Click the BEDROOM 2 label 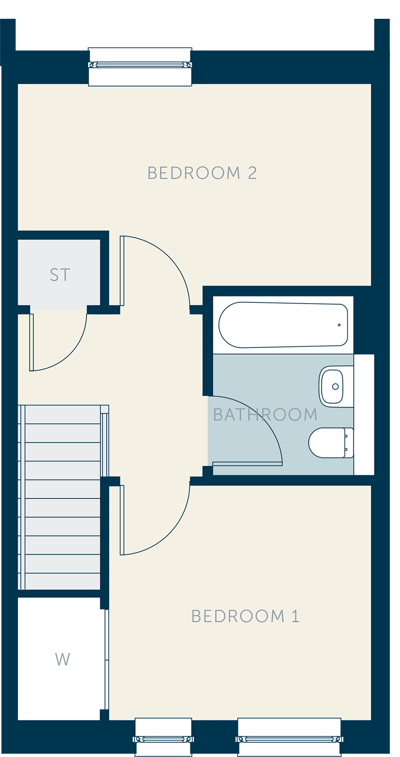(202, 173)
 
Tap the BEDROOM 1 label (245, 616)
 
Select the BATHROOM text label (265, 415)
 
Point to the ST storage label (60, 275)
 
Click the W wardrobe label (62, 659)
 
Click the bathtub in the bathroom (283, 325)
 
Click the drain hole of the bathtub (339, 325)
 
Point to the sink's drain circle (336, 387)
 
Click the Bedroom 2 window (140, 67)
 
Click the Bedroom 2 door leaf (122, 271)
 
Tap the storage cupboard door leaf (32, 342)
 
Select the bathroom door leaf (248, 464)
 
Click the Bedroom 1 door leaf (122, 520)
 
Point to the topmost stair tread (63, 415)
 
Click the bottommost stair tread (63, 581)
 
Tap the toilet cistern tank (349, 443)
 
